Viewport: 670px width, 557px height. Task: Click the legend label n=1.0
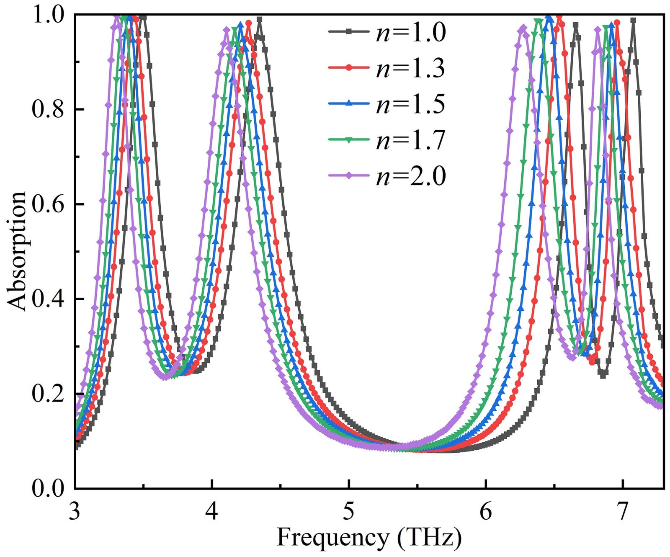point(411,32)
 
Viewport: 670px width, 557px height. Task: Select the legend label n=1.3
point(411,68)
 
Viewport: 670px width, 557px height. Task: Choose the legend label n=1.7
point(411,140)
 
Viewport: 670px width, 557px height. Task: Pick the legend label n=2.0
point(411,176)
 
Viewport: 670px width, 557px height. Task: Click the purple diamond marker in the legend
point(348,176)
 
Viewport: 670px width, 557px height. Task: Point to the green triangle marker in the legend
point(348,140)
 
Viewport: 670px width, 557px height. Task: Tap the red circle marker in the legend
point(348,68)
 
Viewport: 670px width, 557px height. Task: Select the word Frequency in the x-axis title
point(333,537)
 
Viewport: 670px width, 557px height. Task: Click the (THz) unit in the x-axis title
point(429,537)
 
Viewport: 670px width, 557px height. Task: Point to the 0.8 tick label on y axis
point(47,110)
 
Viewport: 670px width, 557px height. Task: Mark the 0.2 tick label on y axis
point(47,394)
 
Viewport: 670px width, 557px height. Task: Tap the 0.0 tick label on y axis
point(47,489)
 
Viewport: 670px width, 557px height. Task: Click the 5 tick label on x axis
point(349,511)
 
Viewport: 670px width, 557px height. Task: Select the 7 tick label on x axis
point(623,511)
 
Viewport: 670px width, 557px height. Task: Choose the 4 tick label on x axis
point(212,511)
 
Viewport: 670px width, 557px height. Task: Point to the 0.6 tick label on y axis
point(47,204)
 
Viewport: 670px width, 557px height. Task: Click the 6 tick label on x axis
point(486,511)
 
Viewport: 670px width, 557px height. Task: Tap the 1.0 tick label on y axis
point(47,15)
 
